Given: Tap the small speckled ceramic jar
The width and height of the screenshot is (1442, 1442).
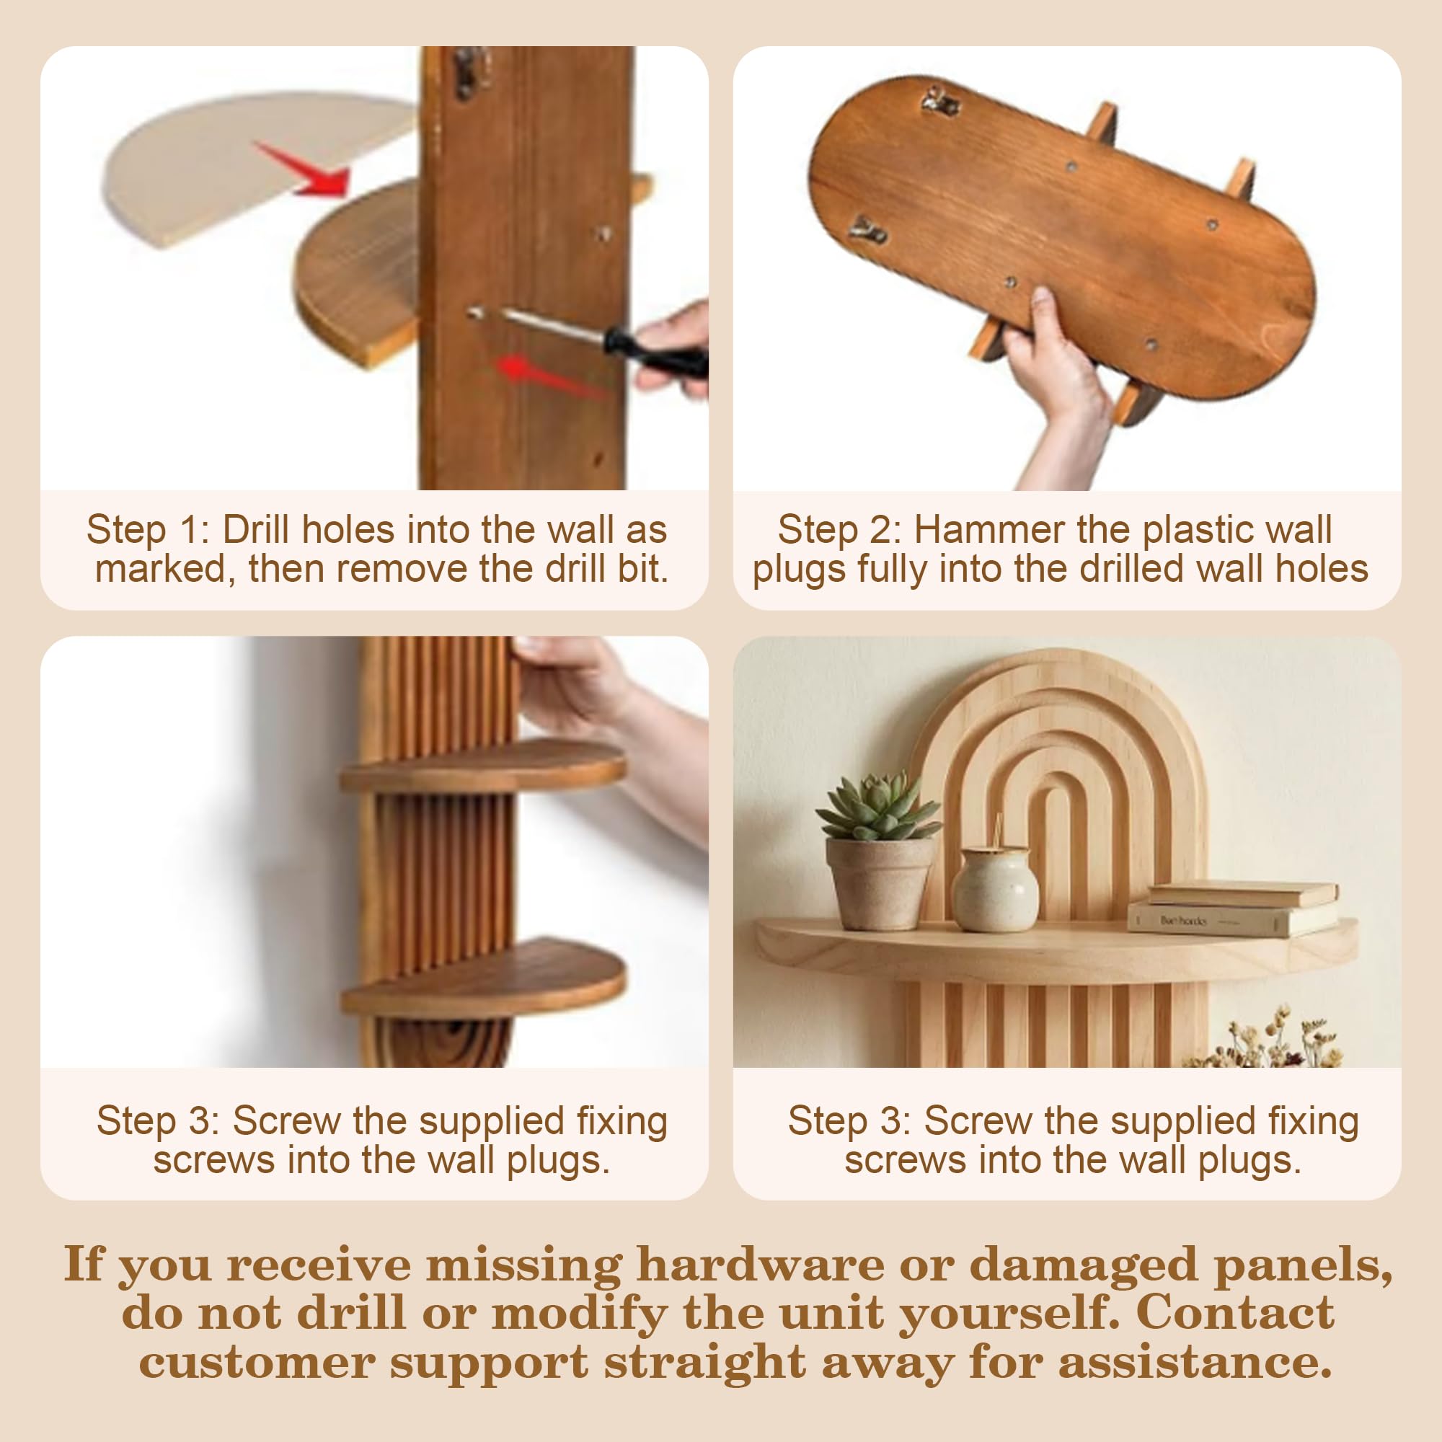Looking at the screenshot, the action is pos(994,888).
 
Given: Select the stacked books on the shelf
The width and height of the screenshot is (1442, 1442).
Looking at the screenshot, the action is pos(1232,908).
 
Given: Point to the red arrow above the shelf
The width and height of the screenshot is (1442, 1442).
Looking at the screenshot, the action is pos(302,169).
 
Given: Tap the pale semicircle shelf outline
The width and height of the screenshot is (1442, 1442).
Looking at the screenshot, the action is pos(257,168).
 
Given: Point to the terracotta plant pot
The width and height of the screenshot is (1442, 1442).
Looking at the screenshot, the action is pos(879,885).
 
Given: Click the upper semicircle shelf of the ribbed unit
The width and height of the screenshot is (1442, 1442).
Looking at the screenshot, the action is pos(483,766).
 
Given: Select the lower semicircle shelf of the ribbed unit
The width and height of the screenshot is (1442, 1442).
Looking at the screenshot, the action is pos(483,978).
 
